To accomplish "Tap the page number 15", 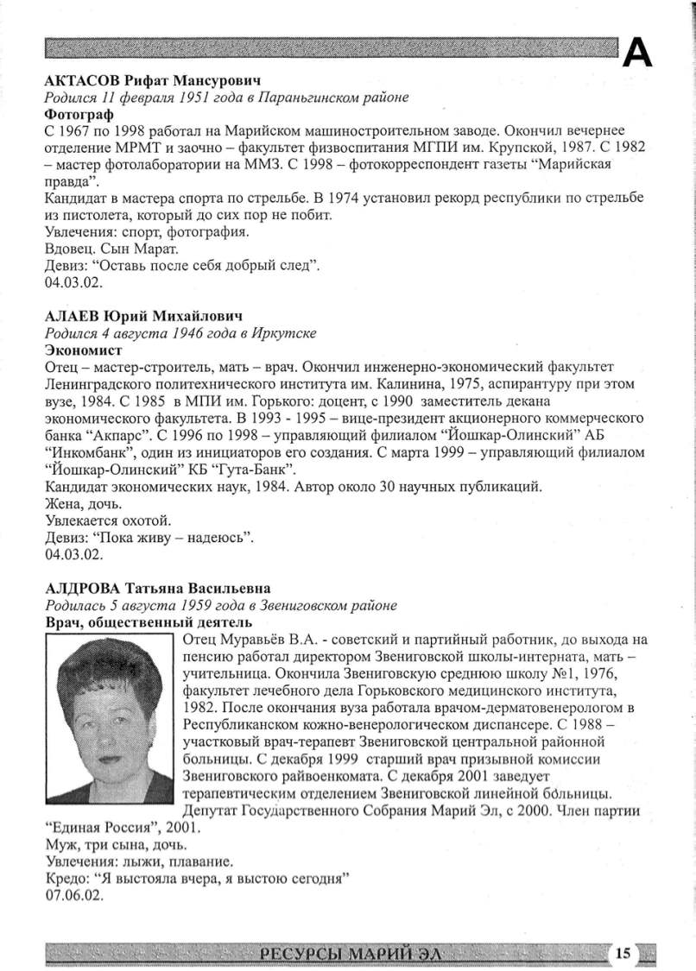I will (x=623, y=953).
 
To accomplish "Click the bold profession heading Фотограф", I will (x=73, y=113).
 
